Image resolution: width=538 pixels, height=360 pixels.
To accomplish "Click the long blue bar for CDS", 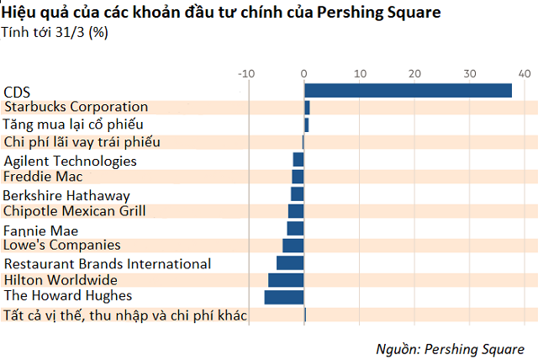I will point(408,91).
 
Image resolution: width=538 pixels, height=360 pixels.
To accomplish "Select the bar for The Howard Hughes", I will point(284,297).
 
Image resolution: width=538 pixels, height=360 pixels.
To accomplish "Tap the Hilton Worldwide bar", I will point(286,279).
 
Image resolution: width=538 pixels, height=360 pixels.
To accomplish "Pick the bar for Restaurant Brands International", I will point(290,262).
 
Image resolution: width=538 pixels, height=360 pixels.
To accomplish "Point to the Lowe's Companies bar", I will point(293,245).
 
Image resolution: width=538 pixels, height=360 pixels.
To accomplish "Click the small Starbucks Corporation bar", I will point(307,108).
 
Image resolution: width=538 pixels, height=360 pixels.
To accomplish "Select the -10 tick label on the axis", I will point(246,73).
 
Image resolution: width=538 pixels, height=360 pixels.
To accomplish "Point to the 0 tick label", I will point(304,73).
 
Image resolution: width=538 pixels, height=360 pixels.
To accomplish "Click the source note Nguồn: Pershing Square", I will point(449,347).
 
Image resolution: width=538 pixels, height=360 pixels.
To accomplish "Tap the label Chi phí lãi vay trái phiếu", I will point(82,141).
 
